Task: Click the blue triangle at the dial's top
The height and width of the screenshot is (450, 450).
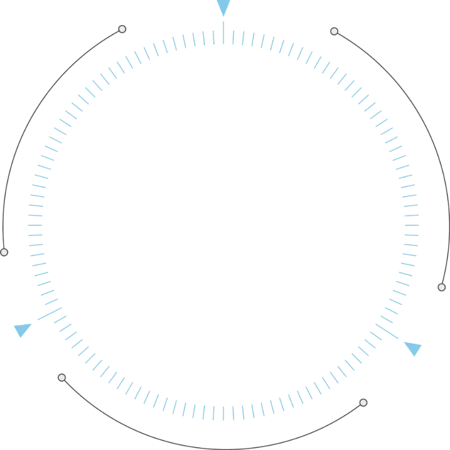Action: (223, 7)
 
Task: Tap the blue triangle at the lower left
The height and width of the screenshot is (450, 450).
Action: (22, 329)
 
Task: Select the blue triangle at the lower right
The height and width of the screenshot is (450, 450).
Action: (413, 348)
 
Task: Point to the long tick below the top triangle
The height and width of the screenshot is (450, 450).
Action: (223, 32)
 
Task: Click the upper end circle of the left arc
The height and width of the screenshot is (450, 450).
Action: (122, 29)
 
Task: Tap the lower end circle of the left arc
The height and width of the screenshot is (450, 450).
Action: (4, 252)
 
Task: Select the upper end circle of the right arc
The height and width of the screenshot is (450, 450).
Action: (334, 32)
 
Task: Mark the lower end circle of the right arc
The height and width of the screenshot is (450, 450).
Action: (441, 288)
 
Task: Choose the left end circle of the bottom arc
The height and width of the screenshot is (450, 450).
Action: (62, 378)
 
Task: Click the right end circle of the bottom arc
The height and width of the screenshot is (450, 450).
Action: (363, 402)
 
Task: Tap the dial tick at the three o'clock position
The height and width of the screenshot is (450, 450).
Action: (410, 225)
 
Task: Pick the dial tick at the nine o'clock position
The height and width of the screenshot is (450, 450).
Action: (35, 225)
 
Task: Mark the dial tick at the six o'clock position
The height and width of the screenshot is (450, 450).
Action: (223, 412)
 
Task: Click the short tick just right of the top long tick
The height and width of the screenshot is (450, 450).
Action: (233, 37)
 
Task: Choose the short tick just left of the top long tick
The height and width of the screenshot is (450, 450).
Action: (213, 37)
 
